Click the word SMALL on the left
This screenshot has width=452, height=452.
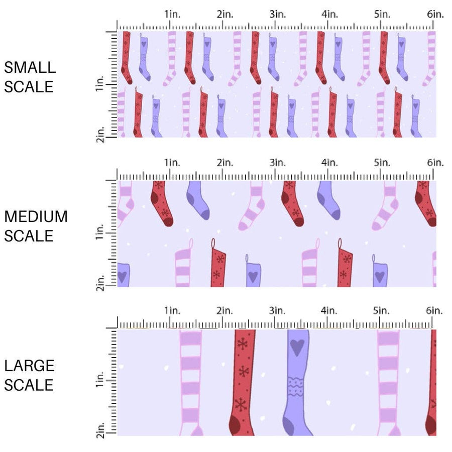pos(30,67)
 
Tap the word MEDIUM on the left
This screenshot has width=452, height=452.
pos(36,216)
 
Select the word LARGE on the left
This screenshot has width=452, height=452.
pos(29,366)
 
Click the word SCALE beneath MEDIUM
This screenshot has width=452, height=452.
pos(29,236)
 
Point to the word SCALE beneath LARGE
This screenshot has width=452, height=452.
pos(29,385)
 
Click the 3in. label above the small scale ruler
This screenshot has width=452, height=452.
pos(277,15)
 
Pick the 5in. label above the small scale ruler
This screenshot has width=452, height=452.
pos(382,15)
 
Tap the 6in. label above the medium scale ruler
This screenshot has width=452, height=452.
pos(435,162)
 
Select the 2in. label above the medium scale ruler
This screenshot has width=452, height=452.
pos(225,162)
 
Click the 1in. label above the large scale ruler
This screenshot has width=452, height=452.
pos(172,310)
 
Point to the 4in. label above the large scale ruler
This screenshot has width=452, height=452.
pos(329,310)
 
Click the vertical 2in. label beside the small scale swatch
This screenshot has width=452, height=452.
pos(99,135)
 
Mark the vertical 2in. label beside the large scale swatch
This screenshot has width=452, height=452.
pos(99,431)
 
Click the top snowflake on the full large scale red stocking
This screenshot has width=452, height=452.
pos(243,344)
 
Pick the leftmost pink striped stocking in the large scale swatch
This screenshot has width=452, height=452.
pos(190,382)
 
